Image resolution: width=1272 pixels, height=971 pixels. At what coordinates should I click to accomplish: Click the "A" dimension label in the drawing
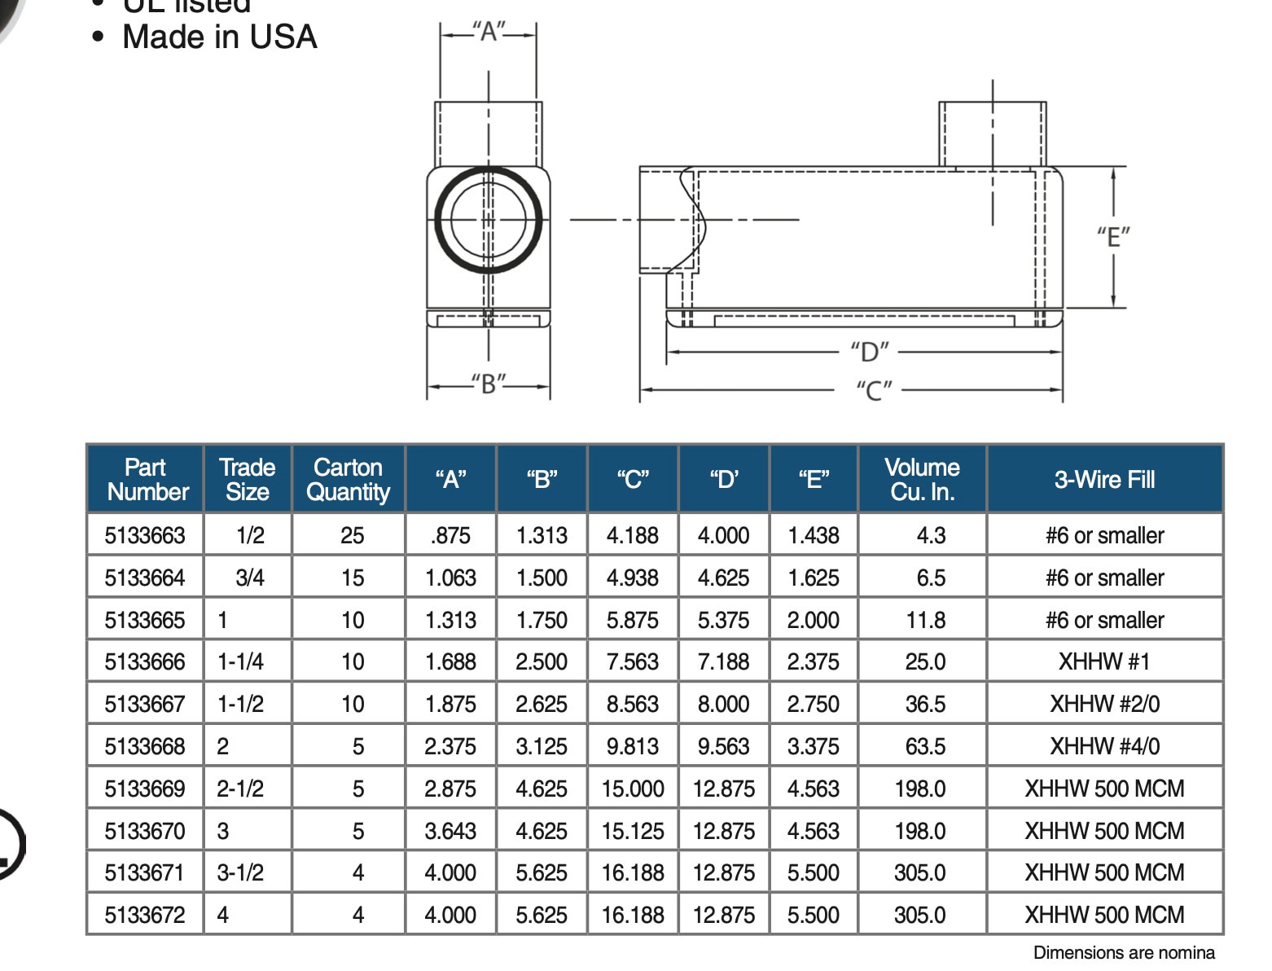click(489, 32)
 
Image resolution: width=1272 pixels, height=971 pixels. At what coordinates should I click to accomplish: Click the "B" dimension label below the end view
click(489, 383)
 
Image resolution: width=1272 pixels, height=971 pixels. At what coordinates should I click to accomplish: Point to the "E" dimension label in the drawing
click(1112, 237)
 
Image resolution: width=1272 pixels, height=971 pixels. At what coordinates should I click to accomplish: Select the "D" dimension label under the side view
click(870, 352)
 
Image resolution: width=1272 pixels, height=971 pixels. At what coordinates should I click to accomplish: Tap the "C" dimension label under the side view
click(874, 390)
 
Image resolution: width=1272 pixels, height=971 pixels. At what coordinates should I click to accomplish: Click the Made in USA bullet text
click(219, 37)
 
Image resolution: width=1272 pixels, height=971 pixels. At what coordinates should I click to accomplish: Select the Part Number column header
click(147, 479)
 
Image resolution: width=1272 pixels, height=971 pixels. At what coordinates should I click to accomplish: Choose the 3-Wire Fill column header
click(1104, 479)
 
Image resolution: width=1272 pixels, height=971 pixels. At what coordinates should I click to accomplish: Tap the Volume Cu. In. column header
click(922, 479)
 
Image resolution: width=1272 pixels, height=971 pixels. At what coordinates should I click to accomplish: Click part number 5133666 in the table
click(145, 661)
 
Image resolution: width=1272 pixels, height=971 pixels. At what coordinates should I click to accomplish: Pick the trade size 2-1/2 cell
click(240, 789)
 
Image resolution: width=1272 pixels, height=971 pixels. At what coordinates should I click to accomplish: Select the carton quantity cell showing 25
click(352, 535)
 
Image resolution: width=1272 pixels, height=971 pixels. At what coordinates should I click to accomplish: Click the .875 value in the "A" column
click(450, 535)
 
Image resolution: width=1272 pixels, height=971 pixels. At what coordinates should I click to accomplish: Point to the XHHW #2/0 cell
click(1104, 704)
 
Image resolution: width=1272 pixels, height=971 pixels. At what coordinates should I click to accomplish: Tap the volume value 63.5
click(925, 746)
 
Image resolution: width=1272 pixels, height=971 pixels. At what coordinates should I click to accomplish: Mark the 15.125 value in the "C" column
click(633, 831)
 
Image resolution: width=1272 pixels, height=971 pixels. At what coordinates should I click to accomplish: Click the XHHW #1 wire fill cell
click(1104, 661)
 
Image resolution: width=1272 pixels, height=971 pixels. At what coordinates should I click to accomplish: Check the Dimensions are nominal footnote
click(1124, 952)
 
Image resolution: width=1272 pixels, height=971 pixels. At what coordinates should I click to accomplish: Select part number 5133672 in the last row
click(145, 915)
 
